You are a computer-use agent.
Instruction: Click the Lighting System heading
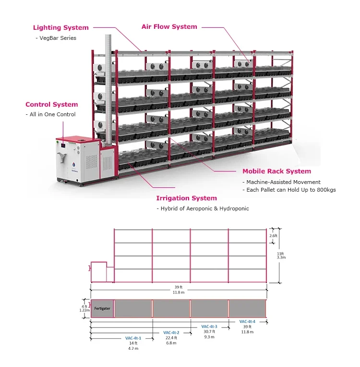60,28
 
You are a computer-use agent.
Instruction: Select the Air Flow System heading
169,27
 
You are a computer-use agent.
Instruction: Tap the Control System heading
51,104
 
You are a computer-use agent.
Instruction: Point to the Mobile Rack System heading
276,171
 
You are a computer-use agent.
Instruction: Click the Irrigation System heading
186,198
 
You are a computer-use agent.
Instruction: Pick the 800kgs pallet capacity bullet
289,190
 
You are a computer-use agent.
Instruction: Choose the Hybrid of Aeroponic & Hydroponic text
203,208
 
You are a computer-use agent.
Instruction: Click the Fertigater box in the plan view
102,308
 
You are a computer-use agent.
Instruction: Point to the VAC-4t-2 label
171,332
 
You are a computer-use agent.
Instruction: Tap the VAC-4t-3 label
209,327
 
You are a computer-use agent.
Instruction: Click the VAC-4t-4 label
247,321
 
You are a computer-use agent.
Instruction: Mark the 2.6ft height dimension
274,236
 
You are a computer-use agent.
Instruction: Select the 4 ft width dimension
84,306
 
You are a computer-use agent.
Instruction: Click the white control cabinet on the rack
77,159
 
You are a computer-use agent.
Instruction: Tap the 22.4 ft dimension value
171,338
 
